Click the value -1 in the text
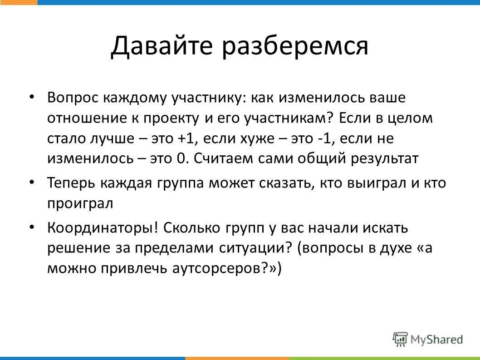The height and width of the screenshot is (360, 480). coord(323,138)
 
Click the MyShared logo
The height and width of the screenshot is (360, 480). coord(428,339)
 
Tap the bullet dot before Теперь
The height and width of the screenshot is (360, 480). coord(32,182)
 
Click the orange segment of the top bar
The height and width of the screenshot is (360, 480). coord(19,2)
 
